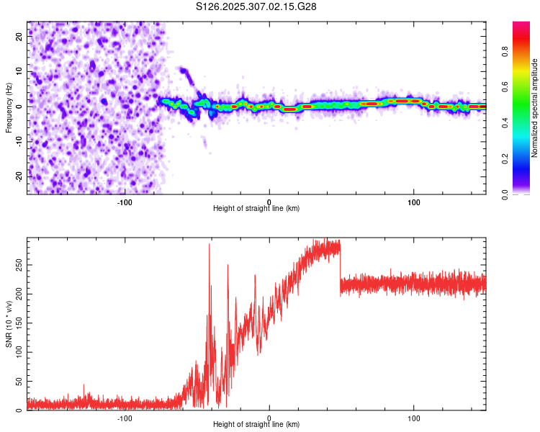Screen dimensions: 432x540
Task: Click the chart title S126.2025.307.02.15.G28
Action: click(x=256, y=6)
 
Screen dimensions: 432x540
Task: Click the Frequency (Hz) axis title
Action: click(x=9, y=108)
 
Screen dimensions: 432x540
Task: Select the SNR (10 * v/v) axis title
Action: click(x=9, y=323)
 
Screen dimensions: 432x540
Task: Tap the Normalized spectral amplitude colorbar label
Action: click(x=535, y=108)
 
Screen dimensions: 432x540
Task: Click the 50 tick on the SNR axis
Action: click(x=19, y=381)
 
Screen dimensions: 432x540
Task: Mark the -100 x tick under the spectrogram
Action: click(x=125, y=201)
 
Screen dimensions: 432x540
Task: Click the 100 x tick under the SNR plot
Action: click(x=414, y=417)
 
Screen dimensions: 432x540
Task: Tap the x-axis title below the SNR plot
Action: click(x=256, y=425)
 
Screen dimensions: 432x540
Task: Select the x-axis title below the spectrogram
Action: click(x=256, y=209)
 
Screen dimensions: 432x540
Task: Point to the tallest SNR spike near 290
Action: click(x=209, y=245)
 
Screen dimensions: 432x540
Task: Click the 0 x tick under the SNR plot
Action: click(x=269, y=417)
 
